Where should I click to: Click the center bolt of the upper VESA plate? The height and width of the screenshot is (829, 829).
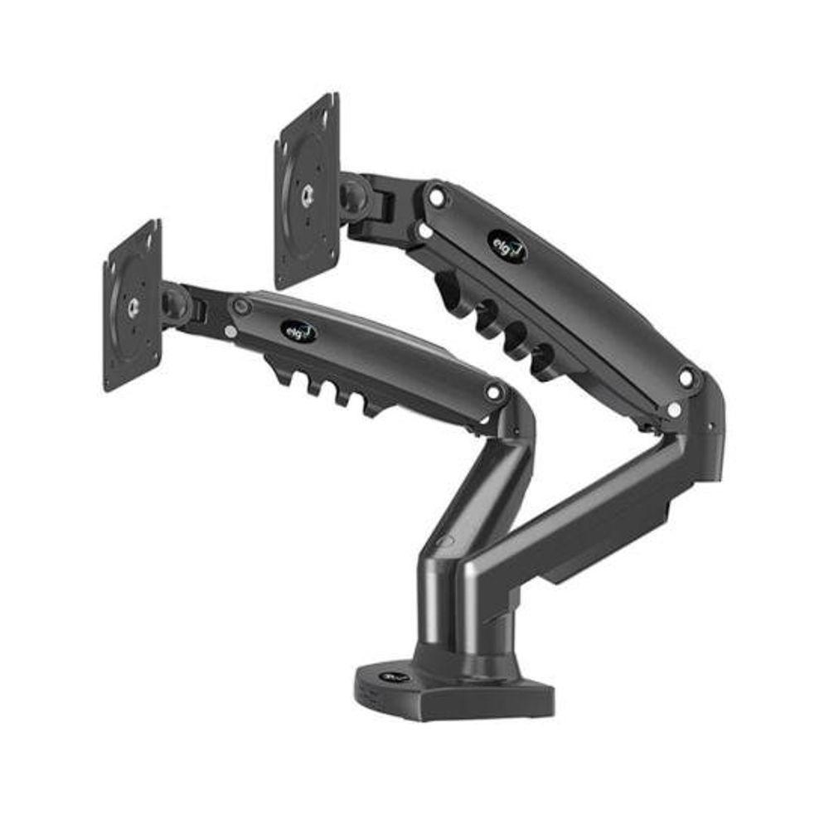pyautogui.click(x=307, y=193)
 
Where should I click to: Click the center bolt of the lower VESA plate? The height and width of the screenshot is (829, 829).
pyautogui.click(x=133, y=307)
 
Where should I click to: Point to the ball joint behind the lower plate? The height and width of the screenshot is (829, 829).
pyautogui.click(x=175, y=302)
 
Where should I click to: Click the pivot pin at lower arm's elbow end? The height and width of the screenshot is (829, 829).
pyautogui.click(x=495, y=391)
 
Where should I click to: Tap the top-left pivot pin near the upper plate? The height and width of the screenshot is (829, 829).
pyautogui.click(x=435, y=197)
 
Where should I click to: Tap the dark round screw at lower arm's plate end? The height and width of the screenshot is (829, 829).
pyautogui.click(x=241, y=307)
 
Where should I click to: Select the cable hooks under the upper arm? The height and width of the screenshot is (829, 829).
pyautogui.click(x=497, y=327)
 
